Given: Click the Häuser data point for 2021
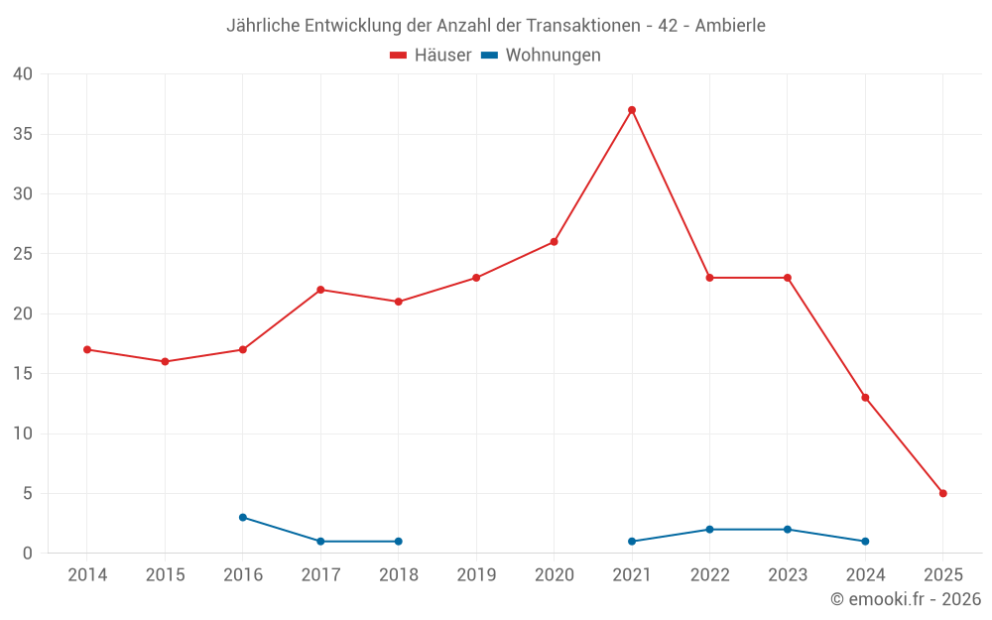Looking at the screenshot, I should (x=632, y=110).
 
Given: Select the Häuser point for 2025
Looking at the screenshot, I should (x=943, y=493).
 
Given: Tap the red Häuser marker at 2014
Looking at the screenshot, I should (x=87, y=349).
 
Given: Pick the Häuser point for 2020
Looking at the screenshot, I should (x=555, y=242).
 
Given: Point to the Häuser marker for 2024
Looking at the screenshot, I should (x=865, y=398).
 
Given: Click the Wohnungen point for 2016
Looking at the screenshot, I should (x=243, y=517).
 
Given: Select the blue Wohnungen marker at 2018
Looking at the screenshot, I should (x=399, y=542).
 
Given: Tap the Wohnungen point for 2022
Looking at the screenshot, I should (x=709, y=530).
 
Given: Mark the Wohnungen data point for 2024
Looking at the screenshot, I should (x=865, y=542).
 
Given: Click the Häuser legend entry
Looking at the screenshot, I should (x=431, y=56).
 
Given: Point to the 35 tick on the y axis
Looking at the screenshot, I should (x=23, y=134).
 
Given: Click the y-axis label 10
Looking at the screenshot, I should (x=23, y=434).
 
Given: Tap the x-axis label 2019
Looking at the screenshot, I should (x=476, y=575).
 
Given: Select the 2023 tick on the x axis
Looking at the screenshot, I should (x=788, y=575).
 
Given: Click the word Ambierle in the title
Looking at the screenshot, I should (x=730, y=26).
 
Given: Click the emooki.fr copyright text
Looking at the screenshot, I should (x=906, y=599).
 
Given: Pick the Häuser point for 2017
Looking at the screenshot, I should (x=320, y=290).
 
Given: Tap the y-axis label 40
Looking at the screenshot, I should (x=23, y=73).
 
